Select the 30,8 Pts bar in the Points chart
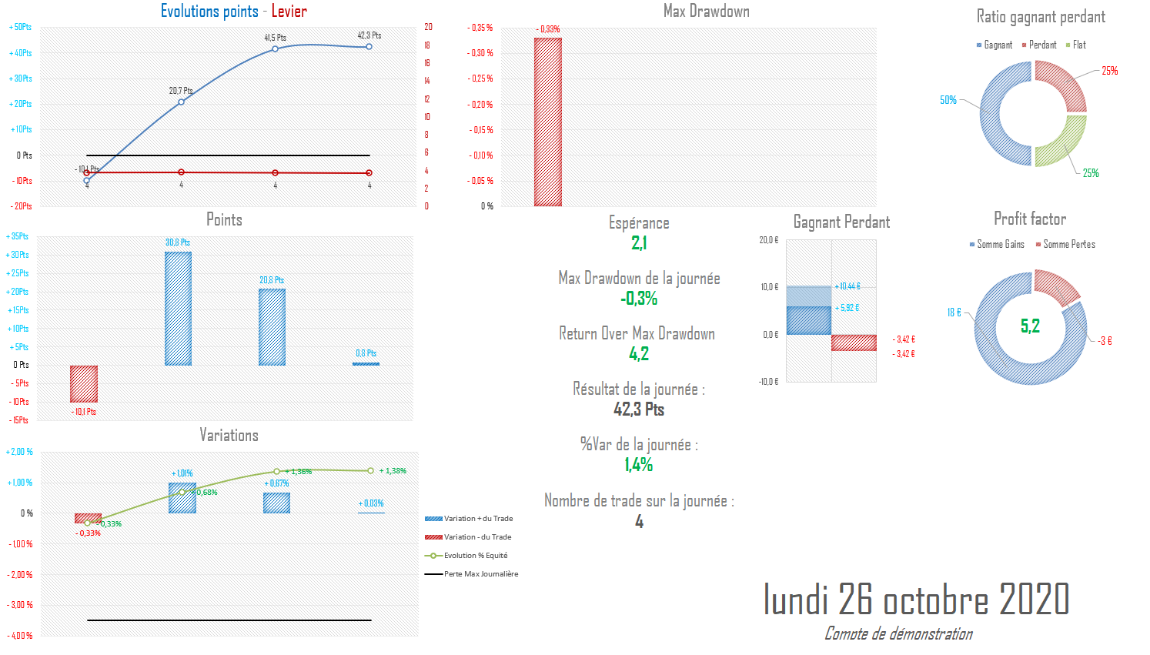click(x=178, y=308)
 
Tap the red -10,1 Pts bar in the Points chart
click(x=84, y=383)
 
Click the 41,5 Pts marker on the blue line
click(x=275, y=49)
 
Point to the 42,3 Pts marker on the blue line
click(x=369, y=47)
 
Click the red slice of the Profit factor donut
click(x=1056, y=286)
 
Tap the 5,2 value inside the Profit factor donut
click(x=1030, y=326)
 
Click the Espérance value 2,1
click(x=639, y=243)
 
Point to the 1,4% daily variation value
click(x=639, y=465)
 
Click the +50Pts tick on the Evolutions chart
click(x=21, y=27)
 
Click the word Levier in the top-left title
click(x=289, y=12)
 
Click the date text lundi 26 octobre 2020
click(x=916, y=600)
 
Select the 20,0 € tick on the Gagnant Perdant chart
click(x=769, y=240)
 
